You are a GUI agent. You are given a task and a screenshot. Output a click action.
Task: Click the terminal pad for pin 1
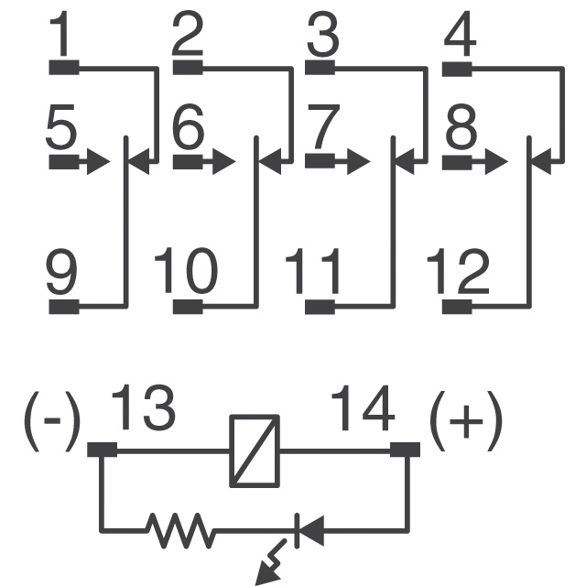[64, 68]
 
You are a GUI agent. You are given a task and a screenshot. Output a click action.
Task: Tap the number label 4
[460, 34]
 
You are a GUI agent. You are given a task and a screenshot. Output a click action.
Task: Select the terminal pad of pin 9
[64, 307]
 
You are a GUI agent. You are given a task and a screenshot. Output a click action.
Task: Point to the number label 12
[459, 271]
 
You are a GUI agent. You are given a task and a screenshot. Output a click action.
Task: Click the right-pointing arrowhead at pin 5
[98, 162]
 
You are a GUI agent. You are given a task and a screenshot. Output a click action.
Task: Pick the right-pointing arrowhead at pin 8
[496, 162]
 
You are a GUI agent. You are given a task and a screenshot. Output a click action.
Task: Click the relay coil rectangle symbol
[255, 451]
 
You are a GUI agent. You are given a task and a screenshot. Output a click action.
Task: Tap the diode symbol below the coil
[309, 531]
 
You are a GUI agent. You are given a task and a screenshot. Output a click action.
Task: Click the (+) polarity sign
[466, 421]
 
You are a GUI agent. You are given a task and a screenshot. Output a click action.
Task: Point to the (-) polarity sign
[52, 421]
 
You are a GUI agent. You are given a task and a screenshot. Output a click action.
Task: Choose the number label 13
[143, 407]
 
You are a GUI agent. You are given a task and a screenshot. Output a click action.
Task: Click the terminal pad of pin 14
[405, 450]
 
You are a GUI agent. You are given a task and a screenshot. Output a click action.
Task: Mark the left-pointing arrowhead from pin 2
[270, 162]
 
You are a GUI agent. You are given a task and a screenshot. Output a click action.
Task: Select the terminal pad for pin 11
[320, 308]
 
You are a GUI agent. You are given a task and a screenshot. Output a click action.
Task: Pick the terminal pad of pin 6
[188, 162]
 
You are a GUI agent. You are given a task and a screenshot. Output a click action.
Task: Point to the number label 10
[186, 271]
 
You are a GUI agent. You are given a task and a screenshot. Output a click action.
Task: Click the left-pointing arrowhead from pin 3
[405, 162]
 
